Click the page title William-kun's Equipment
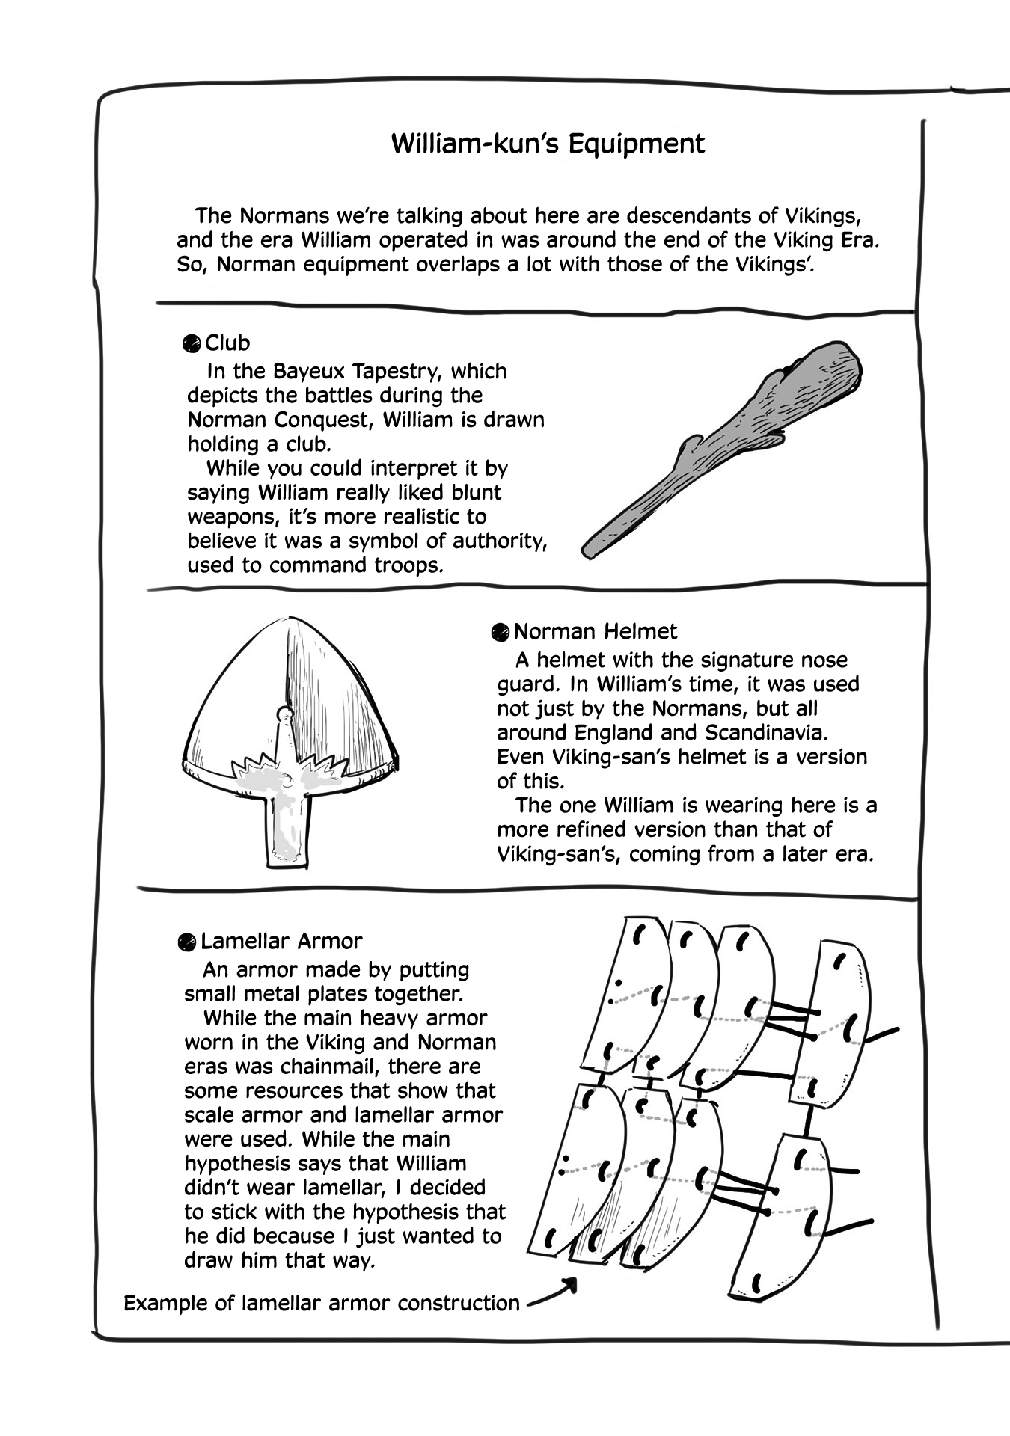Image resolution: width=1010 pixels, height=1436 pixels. (x=548, y=144)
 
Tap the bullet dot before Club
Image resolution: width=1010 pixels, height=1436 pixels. (x=192, y=344)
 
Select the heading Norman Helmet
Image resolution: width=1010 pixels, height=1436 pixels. (x=595, y=632)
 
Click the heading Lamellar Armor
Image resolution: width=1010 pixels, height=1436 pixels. (x=281, y=941)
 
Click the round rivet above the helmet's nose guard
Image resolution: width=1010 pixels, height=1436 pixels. (x=284, y=714)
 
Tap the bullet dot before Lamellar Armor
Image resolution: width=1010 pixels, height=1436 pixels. (x=187, y=942)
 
